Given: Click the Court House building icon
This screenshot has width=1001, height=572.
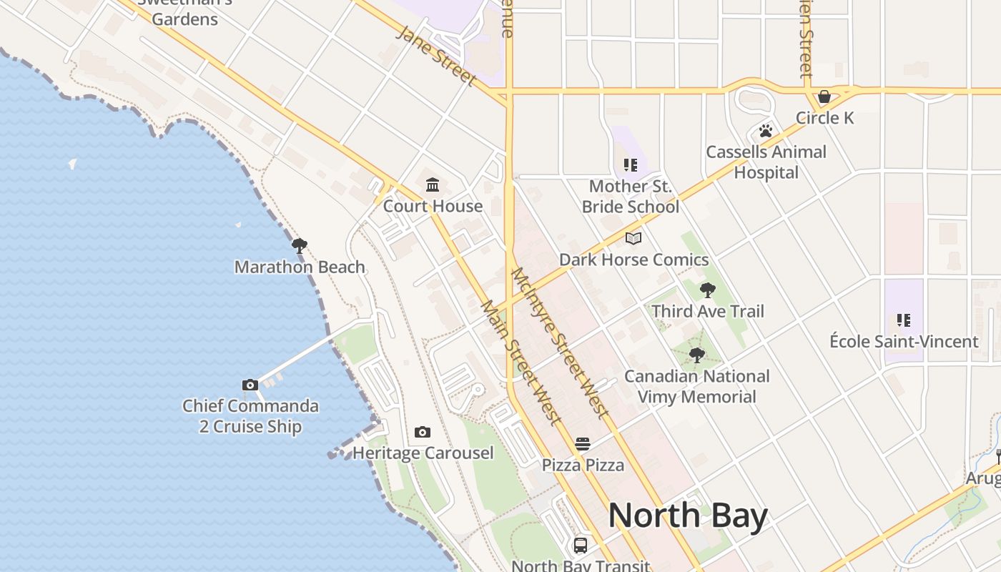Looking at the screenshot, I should pyautogui.click(x=433, y=186).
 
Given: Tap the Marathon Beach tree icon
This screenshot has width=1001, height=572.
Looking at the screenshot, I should pyautogui.click(x=300, y=247).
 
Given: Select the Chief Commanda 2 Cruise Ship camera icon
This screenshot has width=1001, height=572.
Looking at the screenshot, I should pyautogui.click(x=250, y=385).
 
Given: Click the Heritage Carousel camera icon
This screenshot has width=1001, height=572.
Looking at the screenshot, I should pyautogui.click(x=423, y=433).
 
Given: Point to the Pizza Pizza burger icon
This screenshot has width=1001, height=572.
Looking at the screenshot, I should pyautogui.click(x=583, y=444).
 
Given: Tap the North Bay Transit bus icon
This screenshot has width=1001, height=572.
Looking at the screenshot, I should pyautogui.click(x=581, y=546).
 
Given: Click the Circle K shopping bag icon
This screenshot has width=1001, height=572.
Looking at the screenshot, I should pyautogui.click(x=824, y=97).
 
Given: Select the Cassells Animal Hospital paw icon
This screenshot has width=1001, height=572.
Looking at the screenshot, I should pyautogui.click(x=766, y=131).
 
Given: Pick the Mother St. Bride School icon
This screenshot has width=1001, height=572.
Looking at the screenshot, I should pyautogui.click(x=630, y=166).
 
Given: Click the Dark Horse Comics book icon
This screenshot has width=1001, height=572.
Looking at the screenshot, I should pyautogui.click(x=633, y=239).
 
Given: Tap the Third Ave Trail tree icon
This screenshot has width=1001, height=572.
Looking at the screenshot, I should pyautogui.click(x=707, y=290).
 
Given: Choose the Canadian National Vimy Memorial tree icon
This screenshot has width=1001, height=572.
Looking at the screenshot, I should pyautogui.click(x=696, y=355).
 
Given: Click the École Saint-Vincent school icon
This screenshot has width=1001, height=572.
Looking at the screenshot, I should pyautogui.click(x=904, y=321).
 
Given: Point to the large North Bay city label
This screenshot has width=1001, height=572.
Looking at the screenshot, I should pyautogui.click(x=688, y=516).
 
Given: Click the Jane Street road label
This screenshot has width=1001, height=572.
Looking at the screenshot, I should pyautogui.click(x=437, y=55).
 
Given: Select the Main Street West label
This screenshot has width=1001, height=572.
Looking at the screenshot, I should pyautogui.click(x=521, y=363).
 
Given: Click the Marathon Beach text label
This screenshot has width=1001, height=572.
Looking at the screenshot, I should pyautogui.click(x=300, y=267).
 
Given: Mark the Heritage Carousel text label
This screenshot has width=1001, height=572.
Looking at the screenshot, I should pyautogui.click(x=423, y=453).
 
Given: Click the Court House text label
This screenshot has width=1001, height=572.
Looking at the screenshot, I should pyautogui.click(x=433, y=207).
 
